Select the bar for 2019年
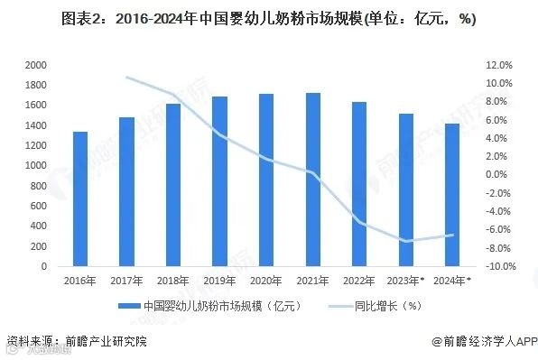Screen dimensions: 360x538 pos(219,181)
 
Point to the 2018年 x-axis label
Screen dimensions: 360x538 pos(172,280)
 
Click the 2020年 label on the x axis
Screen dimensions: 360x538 pos(265,280)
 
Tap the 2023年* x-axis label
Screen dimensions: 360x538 pos(406,280)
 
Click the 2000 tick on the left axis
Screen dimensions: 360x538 pos(36,66)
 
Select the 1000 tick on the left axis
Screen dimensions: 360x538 pos(36,166)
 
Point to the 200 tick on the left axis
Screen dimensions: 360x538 pos(39,246)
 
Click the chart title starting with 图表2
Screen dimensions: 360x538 pos(268,19)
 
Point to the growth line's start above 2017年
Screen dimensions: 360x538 pos(126,78)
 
